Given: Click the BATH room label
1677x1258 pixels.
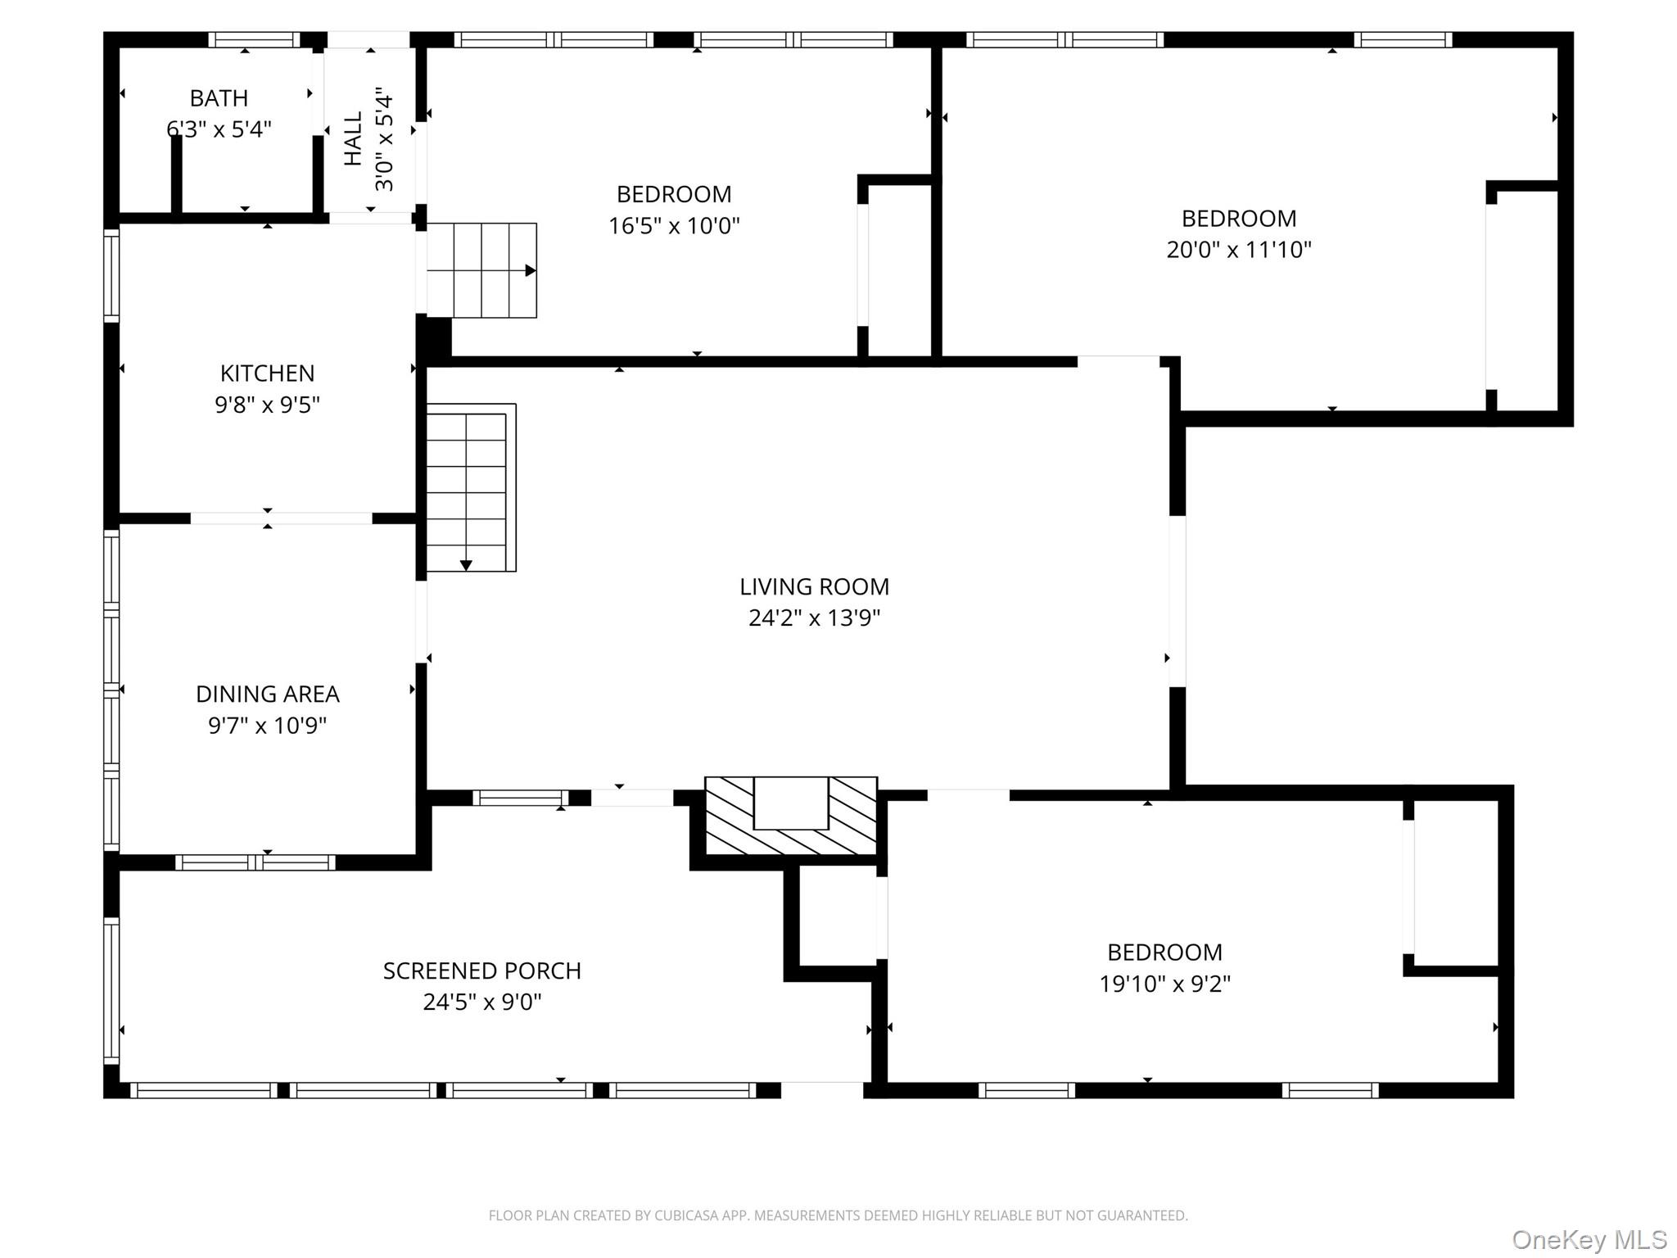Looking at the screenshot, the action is [x=219, y=98].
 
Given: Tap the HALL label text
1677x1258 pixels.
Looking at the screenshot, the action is [x=353, y=139].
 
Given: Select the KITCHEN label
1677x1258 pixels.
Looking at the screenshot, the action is [x=267, y=373].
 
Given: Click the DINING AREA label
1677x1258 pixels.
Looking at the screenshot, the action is [x=267, y=695].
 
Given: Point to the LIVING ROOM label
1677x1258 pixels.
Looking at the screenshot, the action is [x=814, y=586].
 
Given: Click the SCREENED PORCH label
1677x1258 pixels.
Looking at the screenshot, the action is [x=482, y=971].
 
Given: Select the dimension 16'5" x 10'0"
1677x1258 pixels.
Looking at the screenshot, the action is [x=674, y=225].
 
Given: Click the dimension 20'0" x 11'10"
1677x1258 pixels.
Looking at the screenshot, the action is [x=1239, y=249].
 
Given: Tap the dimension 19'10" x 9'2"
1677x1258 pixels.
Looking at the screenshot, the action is [x=1164, y=983].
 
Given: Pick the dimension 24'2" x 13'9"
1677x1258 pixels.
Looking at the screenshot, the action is [x=814, y=618].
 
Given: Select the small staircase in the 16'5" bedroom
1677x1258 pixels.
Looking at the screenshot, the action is [x=481, y=270].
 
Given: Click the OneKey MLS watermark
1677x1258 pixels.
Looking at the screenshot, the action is [x=1589, y=1239].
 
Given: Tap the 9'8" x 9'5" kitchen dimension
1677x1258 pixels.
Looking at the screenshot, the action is [x=267, y=405].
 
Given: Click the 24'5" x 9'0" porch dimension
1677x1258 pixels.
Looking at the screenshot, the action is [x=482, y=1002].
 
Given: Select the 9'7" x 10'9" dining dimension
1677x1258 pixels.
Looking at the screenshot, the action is [x=267, y=726].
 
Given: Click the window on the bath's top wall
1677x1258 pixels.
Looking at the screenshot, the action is [x=254, y=39].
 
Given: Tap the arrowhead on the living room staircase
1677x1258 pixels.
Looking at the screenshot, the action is [x=466, y=565].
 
